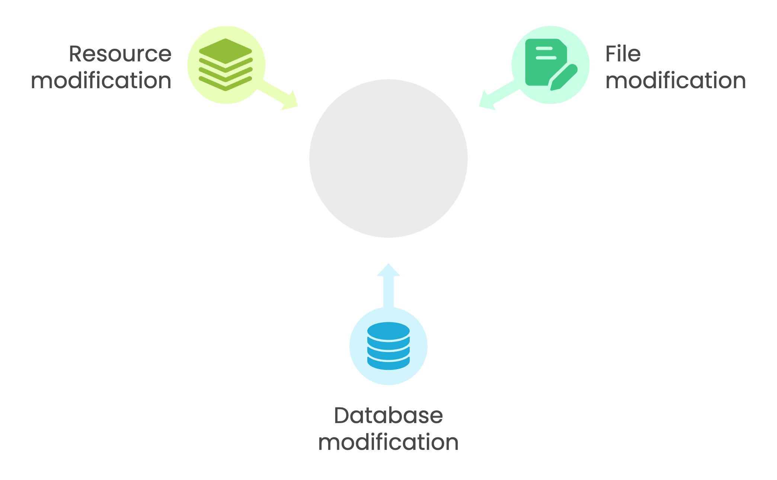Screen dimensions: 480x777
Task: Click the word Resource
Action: coord(120,54)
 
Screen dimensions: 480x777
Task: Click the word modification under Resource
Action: coord(101,81)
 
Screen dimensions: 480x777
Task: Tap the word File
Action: coord(623,54)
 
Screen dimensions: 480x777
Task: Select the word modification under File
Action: coord(675,81)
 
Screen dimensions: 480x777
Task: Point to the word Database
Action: coord(388,415)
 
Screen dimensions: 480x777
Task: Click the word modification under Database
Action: coord(388,442)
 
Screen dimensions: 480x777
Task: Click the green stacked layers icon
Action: coord(226,64)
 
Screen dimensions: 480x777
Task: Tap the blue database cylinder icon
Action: coord(388,346)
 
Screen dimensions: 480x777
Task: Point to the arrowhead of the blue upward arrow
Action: coord(388,269)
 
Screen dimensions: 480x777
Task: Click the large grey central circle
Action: coord(388,159)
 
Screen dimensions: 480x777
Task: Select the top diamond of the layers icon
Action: coord(226,51)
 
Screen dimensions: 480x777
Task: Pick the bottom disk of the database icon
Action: coord(388,364)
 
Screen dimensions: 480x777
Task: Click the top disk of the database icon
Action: coord(388,330)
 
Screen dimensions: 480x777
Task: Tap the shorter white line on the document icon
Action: coord(544,48)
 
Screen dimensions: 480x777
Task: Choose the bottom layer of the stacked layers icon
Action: coord(226,84)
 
